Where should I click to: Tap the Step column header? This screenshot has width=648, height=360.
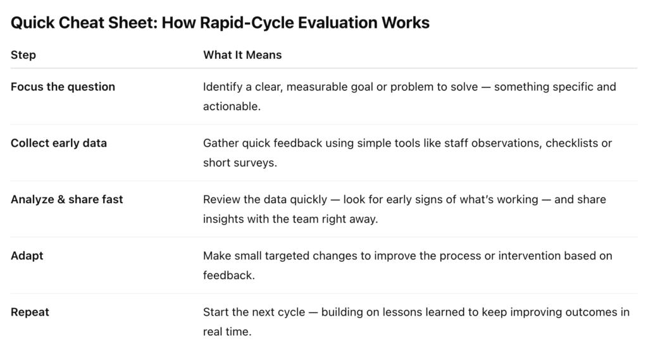click(x=23, y=55)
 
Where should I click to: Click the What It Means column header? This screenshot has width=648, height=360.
click(x=242, y=55)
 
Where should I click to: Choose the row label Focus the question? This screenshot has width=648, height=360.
click(x=63, y=87)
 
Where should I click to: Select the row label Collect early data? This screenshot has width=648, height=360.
click(x=59, y=143)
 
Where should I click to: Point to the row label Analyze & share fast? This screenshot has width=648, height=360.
click(x=67, y=199)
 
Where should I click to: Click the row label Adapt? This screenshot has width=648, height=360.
click(x=27, y=256)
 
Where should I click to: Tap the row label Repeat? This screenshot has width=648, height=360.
click(x=30, y=312)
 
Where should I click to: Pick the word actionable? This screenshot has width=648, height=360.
click(x=232, y=106)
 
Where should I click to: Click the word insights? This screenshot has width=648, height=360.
click(x=223, y=219)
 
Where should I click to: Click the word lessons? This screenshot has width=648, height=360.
click(x=404, y=312)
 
